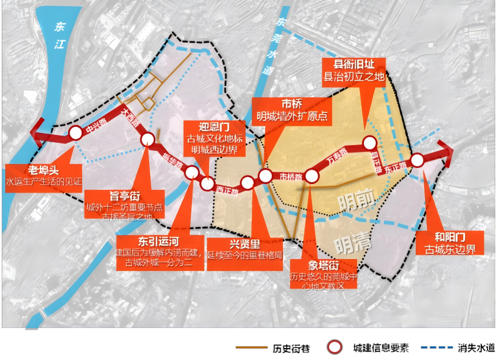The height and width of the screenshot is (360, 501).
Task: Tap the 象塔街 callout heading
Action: pos(323,265)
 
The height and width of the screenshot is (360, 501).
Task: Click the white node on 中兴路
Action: pos(75,133)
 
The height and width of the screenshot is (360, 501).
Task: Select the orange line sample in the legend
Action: pos(251,347)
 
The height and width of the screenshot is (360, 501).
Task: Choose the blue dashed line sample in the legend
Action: pos(437,347)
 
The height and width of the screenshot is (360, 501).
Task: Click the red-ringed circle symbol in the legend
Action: pos(334,347)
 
